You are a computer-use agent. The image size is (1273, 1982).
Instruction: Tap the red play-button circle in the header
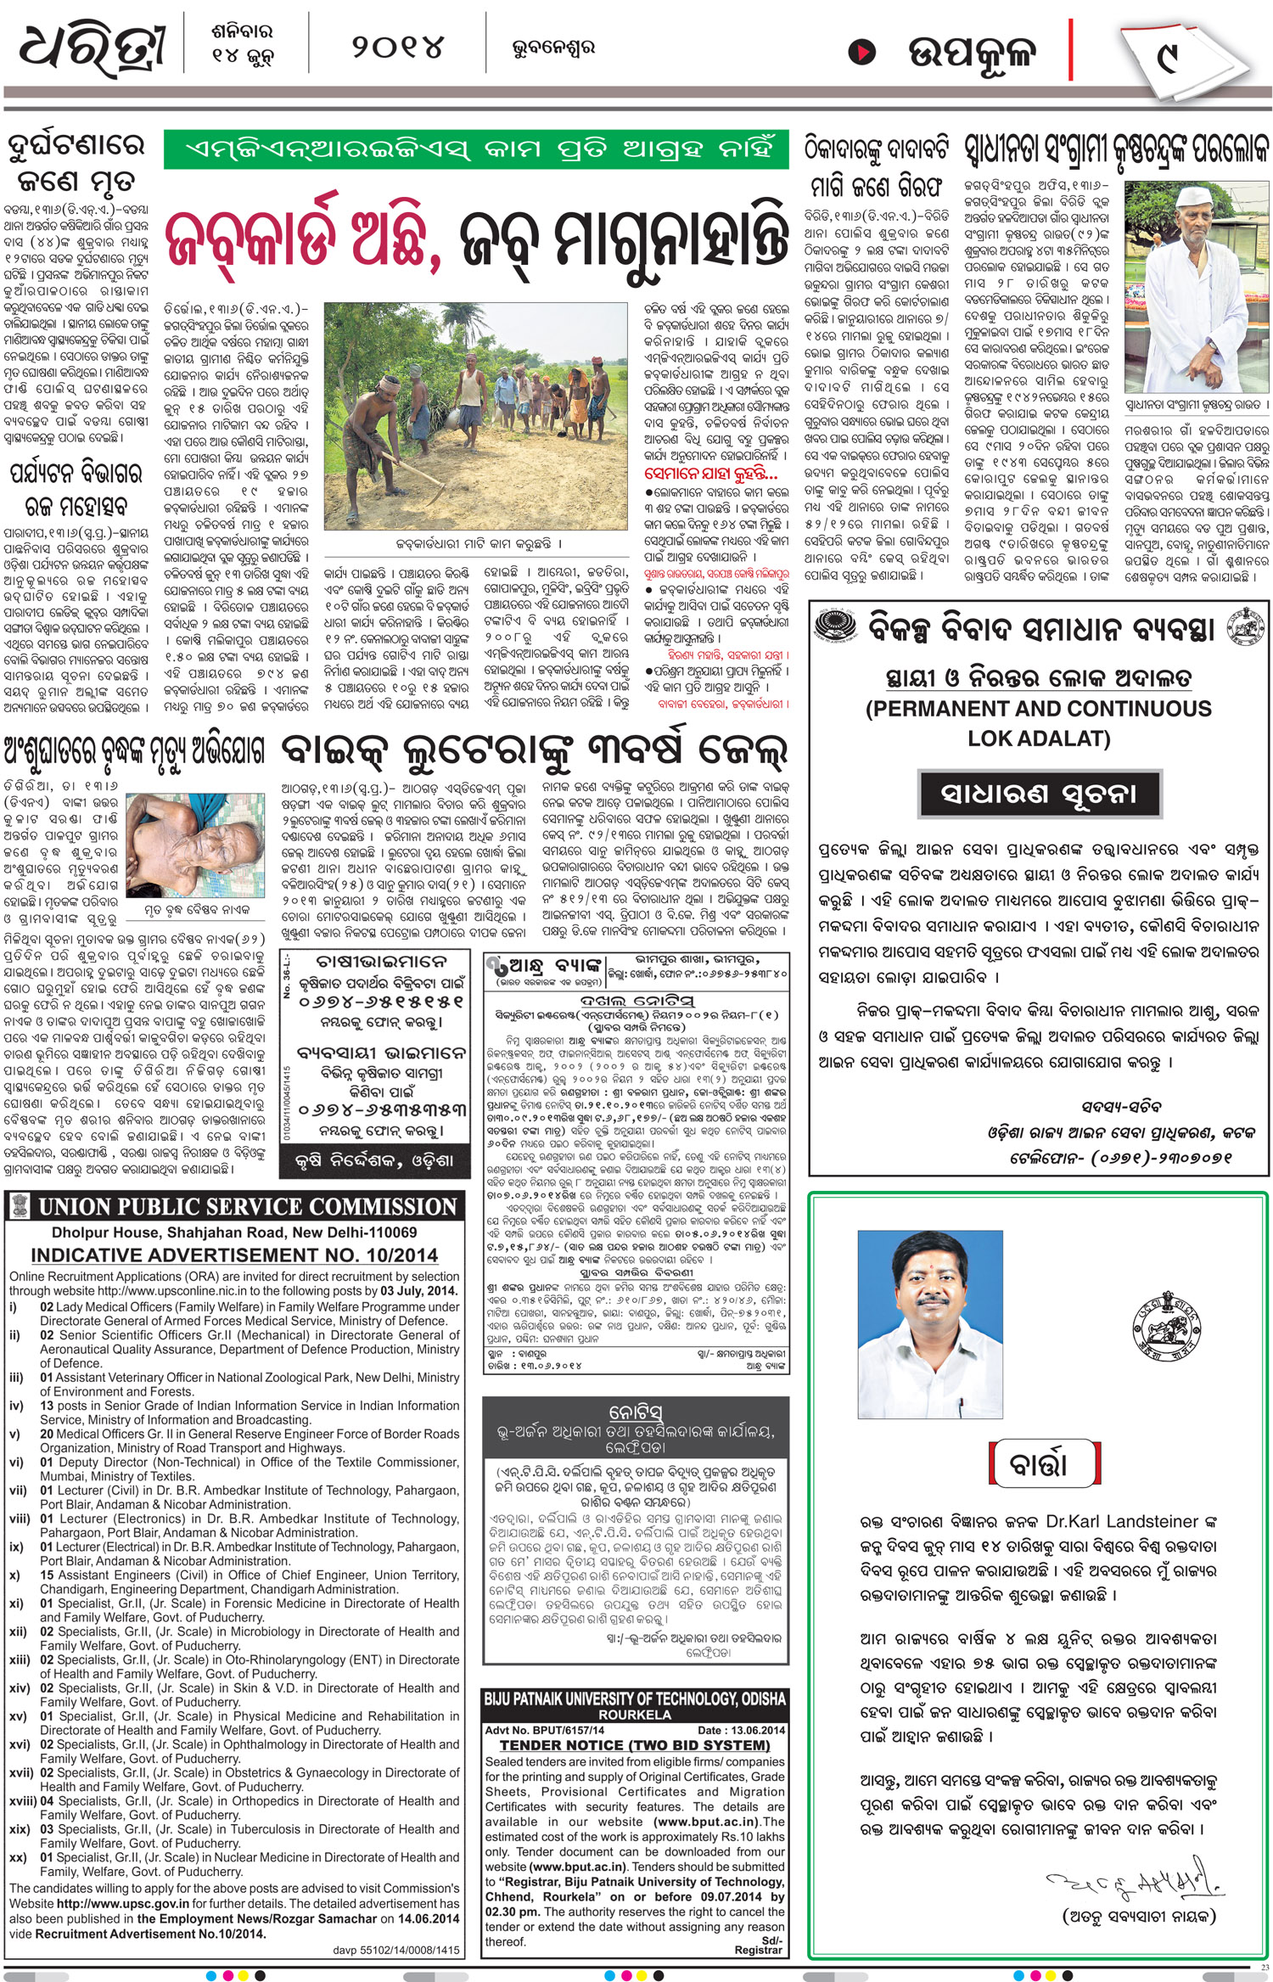click(861, 53)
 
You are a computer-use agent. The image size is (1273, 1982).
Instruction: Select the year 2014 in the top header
click(397, 48)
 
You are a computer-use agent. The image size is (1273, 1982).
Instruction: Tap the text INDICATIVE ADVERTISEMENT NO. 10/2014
click(234, 1255)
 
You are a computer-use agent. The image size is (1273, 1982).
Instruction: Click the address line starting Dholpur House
click(234, 1232)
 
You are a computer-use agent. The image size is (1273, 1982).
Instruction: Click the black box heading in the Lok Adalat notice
click(1039, 794)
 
